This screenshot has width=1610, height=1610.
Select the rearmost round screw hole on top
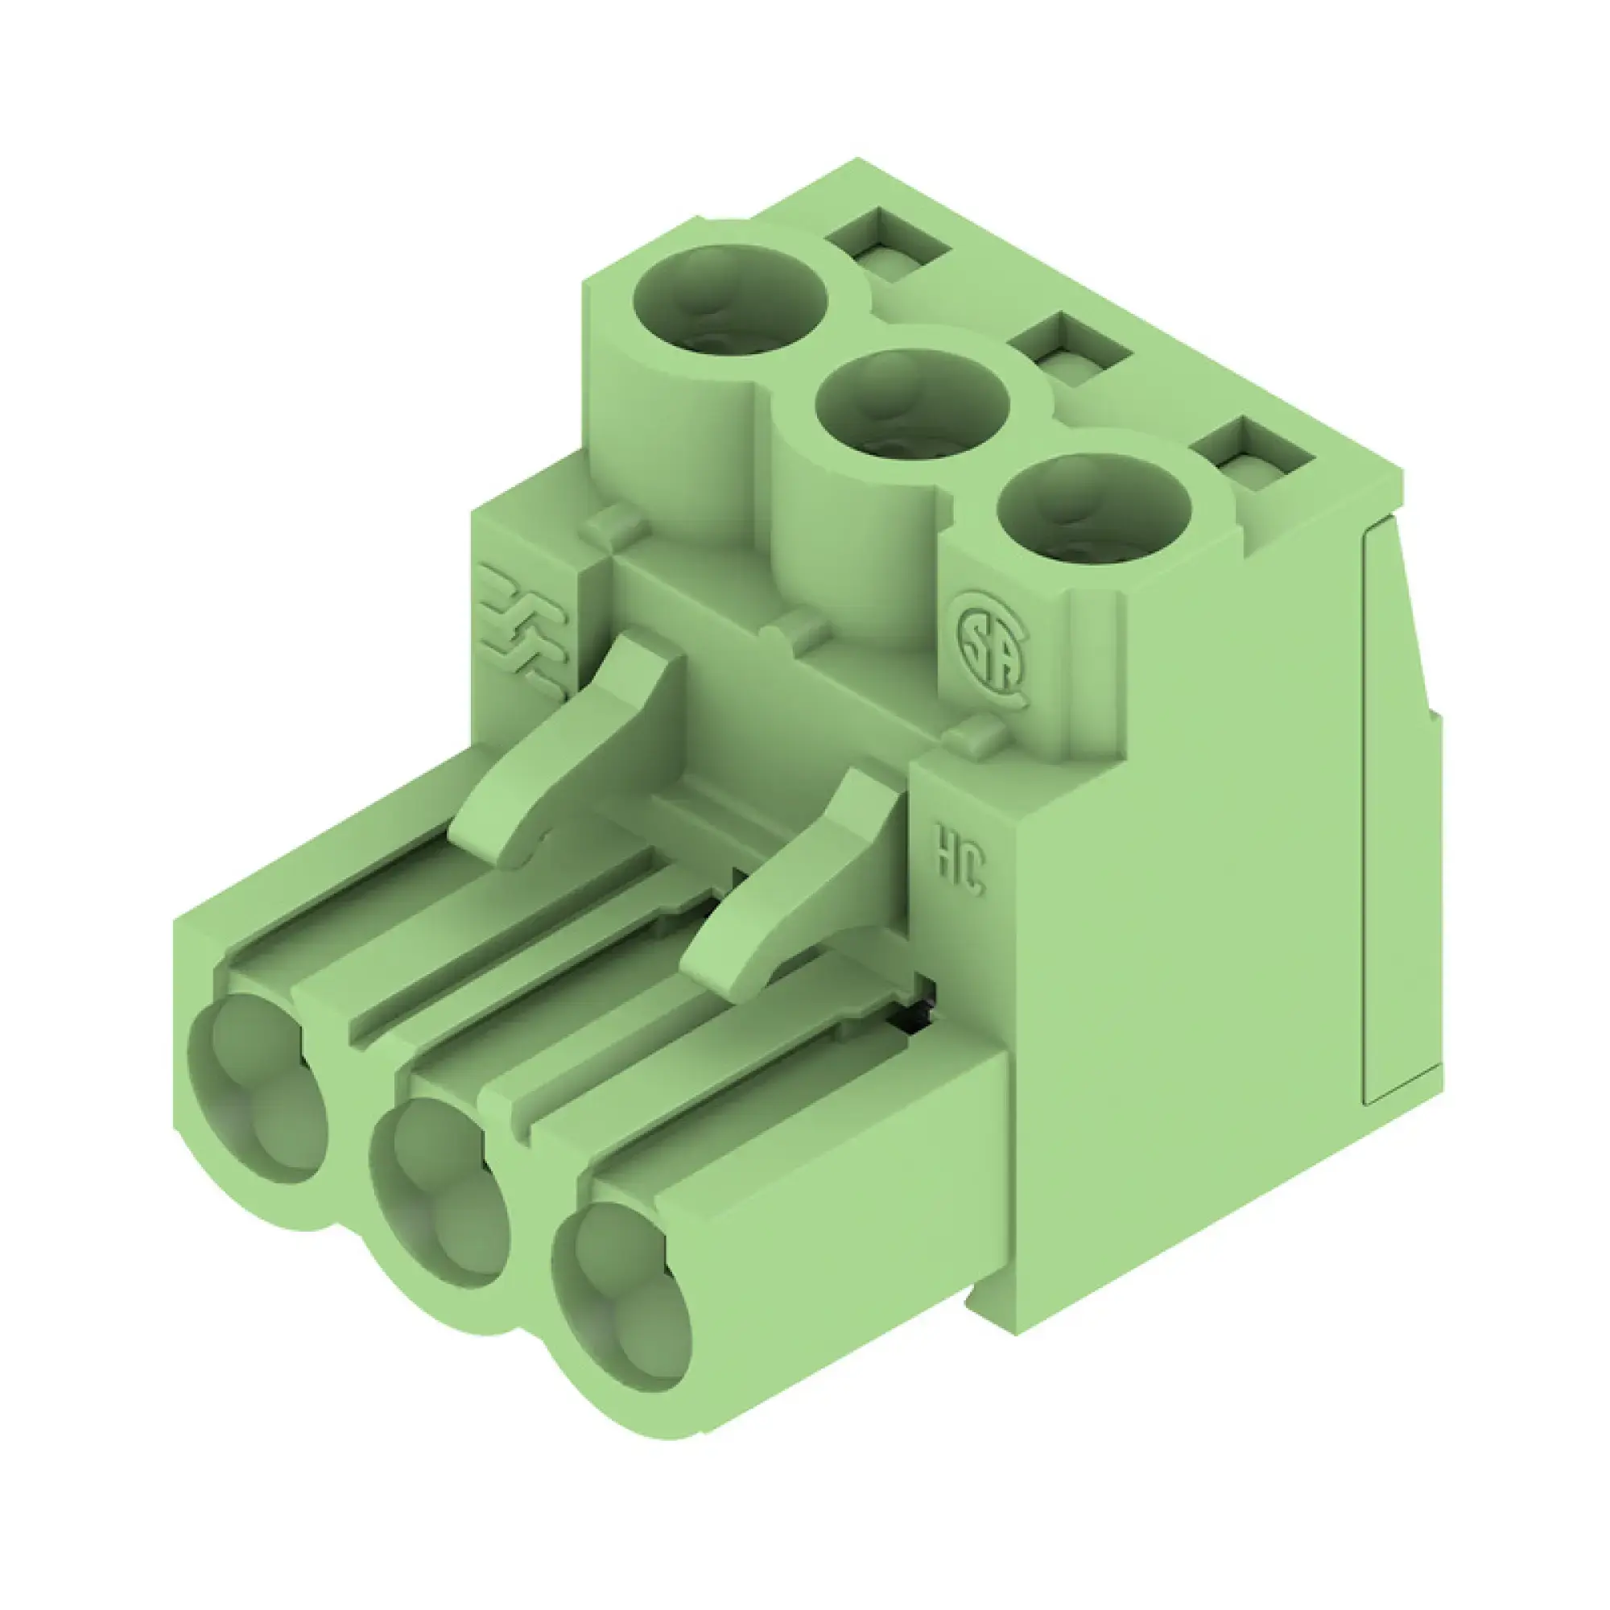click(x=731, y=303)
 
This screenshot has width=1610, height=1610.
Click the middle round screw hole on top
click(x=914, y=405)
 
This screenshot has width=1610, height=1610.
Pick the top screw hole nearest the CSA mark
click(x=1093, y=510)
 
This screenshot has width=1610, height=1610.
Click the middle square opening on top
click(x=1070, y=350)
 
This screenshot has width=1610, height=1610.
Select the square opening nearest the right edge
click(x=1253, y=454)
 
